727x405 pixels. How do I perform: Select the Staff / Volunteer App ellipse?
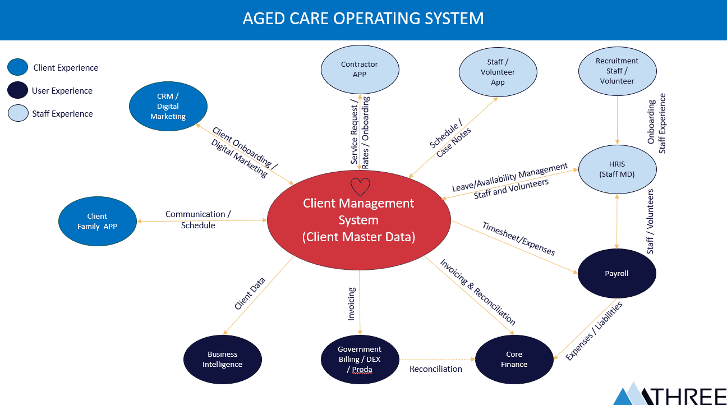pyautogui.click(x=498, y=72)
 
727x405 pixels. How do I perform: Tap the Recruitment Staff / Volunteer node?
pyautogui.click(x=617, y=71)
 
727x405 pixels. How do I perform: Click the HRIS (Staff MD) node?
pyautogui.click(x=617, y=169)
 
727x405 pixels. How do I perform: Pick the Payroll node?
pyautogui.click(x=616, y=274)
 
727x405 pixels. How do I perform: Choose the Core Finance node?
pyautogui.click(x=514, y=359)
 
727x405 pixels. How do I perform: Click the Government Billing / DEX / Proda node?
pyautogui.click(x=360, y=359)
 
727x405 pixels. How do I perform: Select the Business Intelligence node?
pyautogui.click(x=223, y=359)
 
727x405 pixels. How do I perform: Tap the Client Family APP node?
pyautogui.click(x=97, y=221)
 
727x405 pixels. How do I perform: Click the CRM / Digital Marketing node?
pyautogui.click(x=168, y=106)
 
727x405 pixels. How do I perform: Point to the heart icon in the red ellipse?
pyautogui.click(x=360, y=186)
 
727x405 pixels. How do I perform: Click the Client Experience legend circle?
pyautogui.click(x=17, y=67)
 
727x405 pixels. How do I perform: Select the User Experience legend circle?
pyautogui.click(x=17, y=90)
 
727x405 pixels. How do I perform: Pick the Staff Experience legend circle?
pyautogui.click(x=17, y=113)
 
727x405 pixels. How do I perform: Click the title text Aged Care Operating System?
pyautogui.click(x=363, y=19)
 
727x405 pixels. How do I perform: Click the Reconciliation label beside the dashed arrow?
pyautogui.click(x=436, y=369)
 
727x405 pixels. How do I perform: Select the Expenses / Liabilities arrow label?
pyautogui.click(x=594, y=332)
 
